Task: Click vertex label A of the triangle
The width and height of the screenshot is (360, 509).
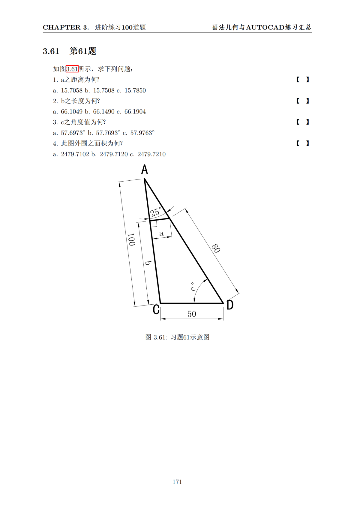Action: [x=145, y=170]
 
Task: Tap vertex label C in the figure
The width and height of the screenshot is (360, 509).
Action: [x=156, y=309]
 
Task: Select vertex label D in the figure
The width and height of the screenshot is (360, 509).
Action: [x=230, y=305]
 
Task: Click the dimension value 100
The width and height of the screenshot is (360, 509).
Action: [x=131, y=239]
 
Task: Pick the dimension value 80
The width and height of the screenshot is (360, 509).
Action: [x=216, y=248]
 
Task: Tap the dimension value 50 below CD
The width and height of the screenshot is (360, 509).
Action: [x=192, y=314]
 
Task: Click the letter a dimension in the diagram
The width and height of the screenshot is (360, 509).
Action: [x=161, y=233]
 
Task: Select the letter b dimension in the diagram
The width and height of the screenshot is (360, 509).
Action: [x=148, y=263]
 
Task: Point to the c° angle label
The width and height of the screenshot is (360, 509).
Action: [x=193, y=287]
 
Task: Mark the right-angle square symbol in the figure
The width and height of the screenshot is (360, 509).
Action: [x=154, y=224]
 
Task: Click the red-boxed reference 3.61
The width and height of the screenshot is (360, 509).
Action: [x=72, y=69]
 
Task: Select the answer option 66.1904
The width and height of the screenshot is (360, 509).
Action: [x=135, y=112]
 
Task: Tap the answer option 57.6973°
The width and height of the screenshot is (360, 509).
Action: [x=73, y=133]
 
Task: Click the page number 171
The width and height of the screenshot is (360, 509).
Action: [x=177, y=482]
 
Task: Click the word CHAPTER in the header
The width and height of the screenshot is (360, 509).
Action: [x=61, y=27]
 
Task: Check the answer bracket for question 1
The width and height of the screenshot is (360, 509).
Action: [x=303, y=80]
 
